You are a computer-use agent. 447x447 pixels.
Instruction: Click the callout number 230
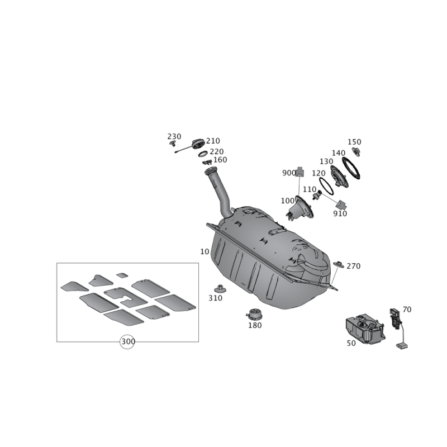click(x=174, y=136)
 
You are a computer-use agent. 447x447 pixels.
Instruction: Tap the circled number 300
click(x=127, y=341)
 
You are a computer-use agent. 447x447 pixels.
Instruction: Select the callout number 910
click(x=340, y=213)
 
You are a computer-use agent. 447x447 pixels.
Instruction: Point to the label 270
click(x=354, y=266)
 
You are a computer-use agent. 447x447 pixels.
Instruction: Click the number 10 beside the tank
click(x=205, y=252)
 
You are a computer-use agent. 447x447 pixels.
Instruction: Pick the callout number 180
click(x=255, y=325)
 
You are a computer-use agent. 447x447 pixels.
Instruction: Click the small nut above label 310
click(x=220, y=289)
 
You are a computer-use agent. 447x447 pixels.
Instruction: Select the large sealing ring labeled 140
click(x=351, y=168)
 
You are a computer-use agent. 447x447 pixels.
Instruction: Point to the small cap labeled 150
click(x=356, y=151)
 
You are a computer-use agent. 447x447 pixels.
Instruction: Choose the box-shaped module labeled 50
click(x=365, y=329)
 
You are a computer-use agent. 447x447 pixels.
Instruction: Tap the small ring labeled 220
click(x=203, y=155)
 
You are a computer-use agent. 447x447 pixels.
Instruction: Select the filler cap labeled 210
click(x=198, y=144)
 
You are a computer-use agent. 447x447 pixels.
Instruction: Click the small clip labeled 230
click(x=172, y=143)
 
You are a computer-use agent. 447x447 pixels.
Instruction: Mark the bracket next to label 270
click(x=339, y=263)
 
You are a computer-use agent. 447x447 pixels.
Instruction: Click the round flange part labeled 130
click(x=339, y=176)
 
